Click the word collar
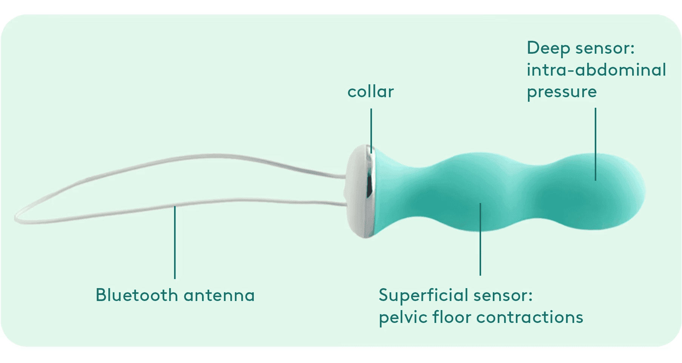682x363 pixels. pos(370,92)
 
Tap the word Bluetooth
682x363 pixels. pos(136,295)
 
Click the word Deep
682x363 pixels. pos(548,48)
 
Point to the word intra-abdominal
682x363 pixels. pos(596,70)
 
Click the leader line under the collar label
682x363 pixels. pos(371,129)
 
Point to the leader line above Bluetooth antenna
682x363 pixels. pos(175,242)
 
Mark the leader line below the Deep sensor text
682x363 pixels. pos(596,144)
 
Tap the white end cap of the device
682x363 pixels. pos(355,189)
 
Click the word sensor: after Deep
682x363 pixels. pos(605,48)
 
